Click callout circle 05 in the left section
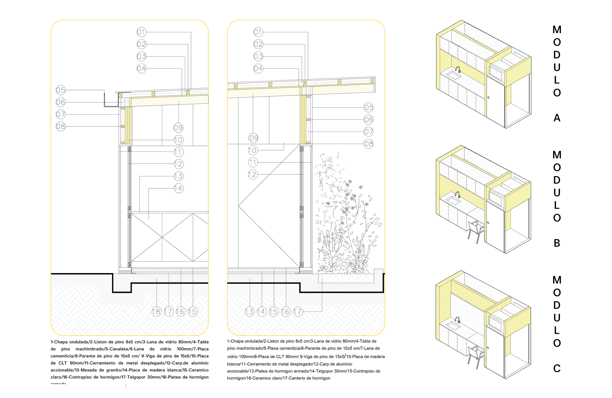point(61,90)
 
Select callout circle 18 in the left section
point(156,312)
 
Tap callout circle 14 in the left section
point(178,188)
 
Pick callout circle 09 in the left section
point(178,128)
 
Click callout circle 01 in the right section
point(258,32)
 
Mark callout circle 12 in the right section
point(253,175)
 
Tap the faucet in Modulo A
point(458,69)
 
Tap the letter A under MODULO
point(557,118)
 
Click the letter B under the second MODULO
point(557,243)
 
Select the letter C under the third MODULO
point(557,368)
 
